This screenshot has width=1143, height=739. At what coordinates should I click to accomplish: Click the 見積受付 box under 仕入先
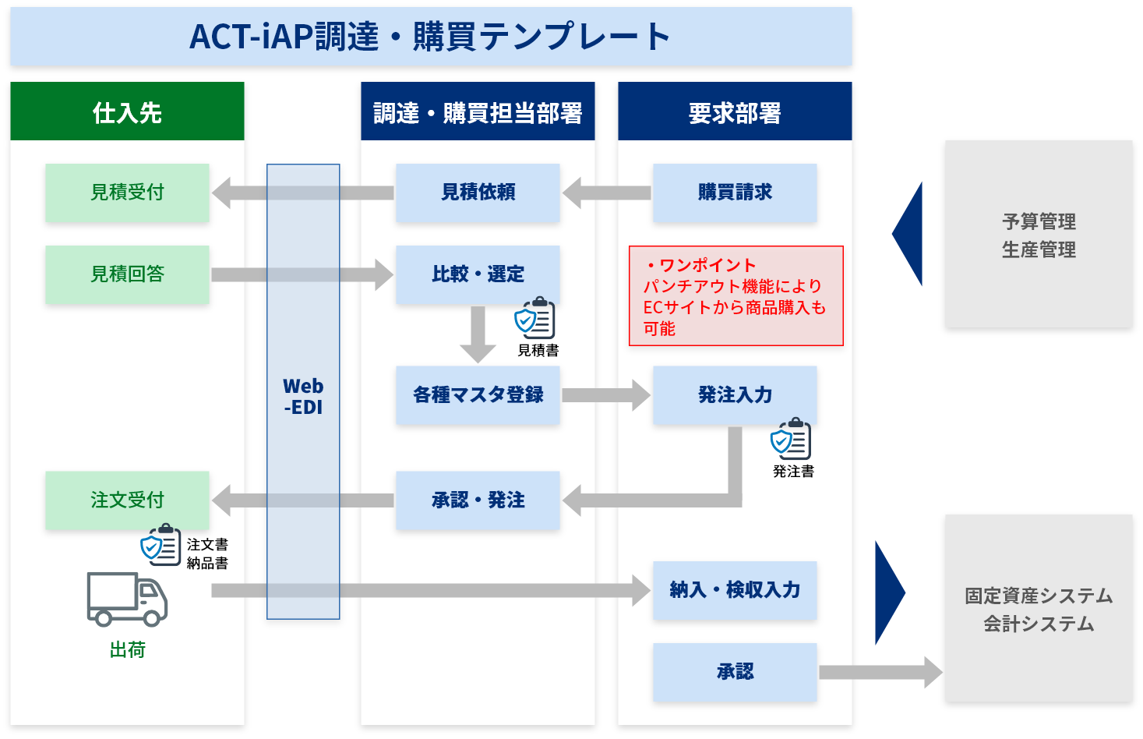click(127, 193)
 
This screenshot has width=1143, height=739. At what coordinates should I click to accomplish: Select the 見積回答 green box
click(127, 274)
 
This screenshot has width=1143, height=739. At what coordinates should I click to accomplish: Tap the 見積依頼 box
click(478, 193)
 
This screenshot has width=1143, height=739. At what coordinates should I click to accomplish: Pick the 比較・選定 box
click(478, 274)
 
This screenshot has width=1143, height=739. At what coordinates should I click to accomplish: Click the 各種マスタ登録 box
click(478, 395)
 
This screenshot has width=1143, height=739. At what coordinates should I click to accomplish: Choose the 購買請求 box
click(735, 193)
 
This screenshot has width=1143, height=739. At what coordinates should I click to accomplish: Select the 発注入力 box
click(735, 395)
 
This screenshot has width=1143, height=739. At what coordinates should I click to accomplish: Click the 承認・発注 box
click(478, 500)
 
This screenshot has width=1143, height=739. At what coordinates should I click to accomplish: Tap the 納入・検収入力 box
click(735, 590)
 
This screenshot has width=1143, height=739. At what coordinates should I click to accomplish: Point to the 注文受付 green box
click(127, 500)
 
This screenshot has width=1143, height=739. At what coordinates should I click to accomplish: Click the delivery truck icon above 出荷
click(127, 599)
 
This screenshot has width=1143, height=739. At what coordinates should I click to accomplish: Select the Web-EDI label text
click(303, 397)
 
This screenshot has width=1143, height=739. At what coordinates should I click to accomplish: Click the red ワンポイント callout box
click(736, 296)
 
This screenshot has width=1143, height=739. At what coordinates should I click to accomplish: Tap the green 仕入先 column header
click(127, 112)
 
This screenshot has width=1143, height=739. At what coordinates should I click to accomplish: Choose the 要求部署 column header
click(735, 112)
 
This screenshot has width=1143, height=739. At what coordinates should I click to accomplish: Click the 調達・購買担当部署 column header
click(478, 112)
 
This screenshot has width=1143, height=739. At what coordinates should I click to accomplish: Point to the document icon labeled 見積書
click(535, 318)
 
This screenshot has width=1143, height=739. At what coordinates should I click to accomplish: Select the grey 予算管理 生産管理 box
click(1039, 234)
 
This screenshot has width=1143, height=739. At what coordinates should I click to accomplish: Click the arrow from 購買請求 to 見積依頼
click(606, 193)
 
